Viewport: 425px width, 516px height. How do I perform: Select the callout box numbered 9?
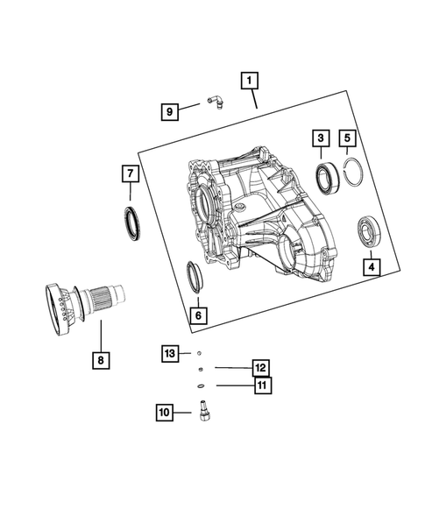point(169,110)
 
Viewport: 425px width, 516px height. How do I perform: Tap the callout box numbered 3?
point(322,138)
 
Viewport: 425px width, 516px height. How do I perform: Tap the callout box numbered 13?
point(170,353)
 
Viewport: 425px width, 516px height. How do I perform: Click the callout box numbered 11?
point(261,385)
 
